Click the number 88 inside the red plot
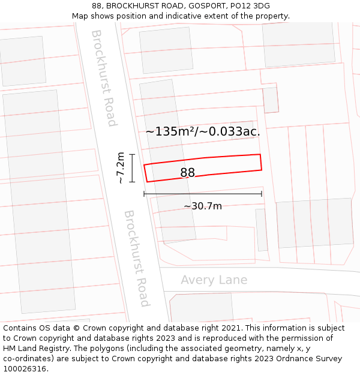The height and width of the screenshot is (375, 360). tap(187, 173)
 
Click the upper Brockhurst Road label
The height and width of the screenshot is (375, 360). tap(103, 78)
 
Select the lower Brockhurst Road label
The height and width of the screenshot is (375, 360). tap(137, 258)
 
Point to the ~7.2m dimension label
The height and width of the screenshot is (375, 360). tap(121, 168)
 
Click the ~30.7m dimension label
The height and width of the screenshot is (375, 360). tap(203, 206)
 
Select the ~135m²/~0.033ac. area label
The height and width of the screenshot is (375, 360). tap(203, 131)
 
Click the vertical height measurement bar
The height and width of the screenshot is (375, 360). tap(133, 168)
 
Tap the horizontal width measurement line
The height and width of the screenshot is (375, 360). tap(203, 194)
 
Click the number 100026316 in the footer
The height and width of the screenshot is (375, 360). tap(25, 369)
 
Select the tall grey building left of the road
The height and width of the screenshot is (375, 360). tap(39, 201)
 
